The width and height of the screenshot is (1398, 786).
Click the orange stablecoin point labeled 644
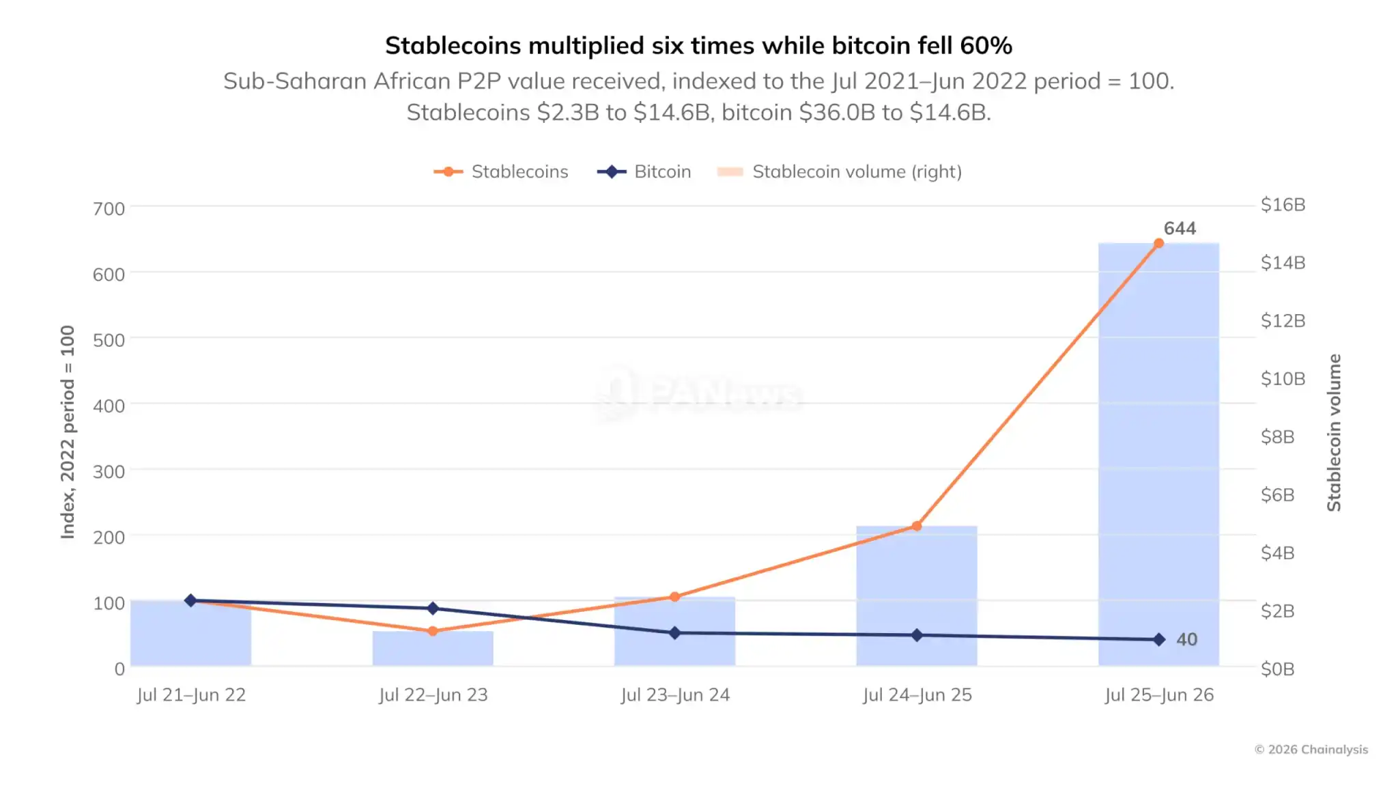point(1158,243)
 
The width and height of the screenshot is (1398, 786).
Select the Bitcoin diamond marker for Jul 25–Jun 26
point(1158,639)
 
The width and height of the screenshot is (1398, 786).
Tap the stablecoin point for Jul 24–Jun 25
point(917,526)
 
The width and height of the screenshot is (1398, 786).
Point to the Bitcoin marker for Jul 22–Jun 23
point(433,608)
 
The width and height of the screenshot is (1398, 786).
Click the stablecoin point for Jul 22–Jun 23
point(433,631)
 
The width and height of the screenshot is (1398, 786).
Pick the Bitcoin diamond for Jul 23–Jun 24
point(674,633)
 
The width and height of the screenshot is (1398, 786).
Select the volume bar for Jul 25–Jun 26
point(1158,454)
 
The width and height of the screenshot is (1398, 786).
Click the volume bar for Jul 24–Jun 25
point(917,595)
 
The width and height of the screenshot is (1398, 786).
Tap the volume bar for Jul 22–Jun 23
point(433,648)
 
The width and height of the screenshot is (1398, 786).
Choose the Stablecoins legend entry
point(501,171)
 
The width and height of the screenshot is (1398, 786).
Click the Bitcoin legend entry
point(644,171)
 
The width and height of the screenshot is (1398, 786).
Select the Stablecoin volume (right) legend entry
point(840,171)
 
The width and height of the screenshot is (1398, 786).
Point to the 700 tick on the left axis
point(109,208)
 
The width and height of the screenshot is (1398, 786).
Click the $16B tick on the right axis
point(1283,204)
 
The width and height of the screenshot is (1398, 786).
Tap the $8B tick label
point(1278,436)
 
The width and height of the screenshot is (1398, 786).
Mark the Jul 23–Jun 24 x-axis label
point(675,694)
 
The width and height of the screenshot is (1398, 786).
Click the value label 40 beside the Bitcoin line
point(1186,639)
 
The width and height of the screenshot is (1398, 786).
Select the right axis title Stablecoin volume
point(1334,432)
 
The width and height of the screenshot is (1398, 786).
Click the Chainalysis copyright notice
point(1311,749)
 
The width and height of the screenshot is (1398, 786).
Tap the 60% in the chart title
point(986,46)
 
